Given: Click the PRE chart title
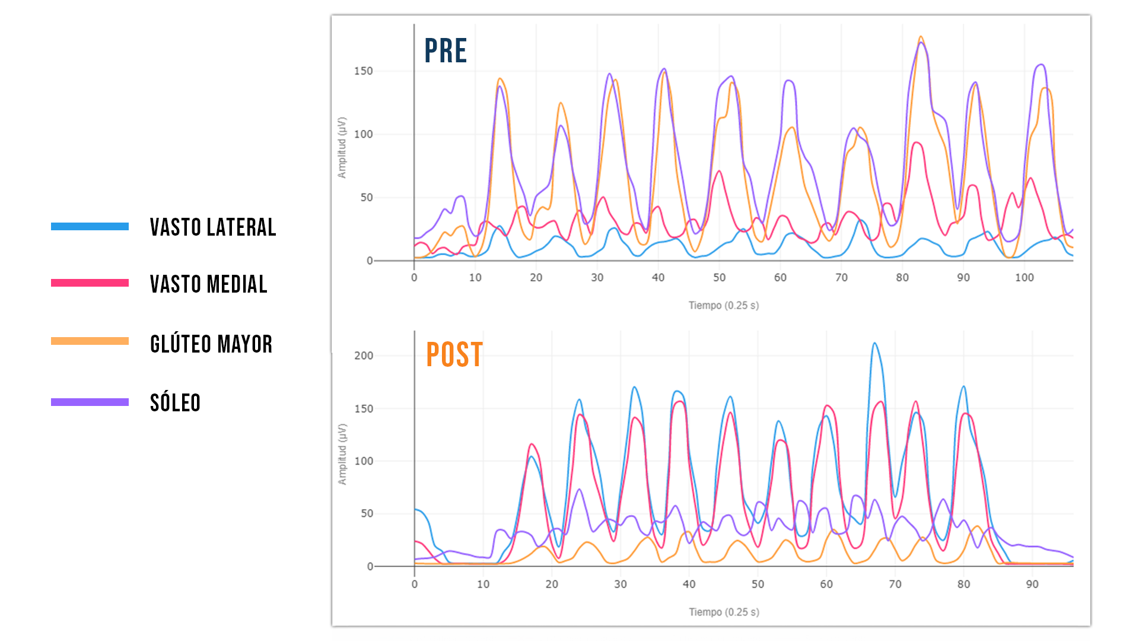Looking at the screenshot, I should point(446,51).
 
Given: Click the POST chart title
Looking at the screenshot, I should point(454,355).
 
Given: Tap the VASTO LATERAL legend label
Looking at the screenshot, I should point(213,227).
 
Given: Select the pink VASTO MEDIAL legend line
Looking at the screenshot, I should point(90,283).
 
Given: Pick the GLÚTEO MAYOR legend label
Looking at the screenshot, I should point(211,344).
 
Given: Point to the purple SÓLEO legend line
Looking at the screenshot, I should point(90,402).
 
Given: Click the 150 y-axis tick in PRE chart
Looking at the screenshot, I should point(363,71).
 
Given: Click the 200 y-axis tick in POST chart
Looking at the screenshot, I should point(363,356).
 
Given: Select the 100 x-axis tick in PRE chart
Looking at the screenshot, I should point(1024,278).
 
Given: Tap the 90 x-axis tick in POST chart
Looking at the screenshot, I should point(1032,585).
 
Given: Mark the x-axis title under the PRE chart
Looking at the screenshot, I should point(723,306).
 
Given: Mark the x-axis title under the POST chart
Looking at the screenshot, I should point(724,612).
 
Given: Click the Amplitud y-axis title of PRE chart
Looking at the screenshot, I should point(342,148).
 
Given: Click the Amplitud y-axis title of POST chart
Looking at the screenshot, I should point(342,454).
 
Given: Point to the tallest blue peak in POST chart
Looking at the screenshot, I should point(874,344).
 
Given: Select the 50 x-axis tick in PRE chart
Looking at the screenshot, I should point(719,278).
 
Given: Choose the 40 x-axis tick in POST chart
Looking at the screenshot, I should point(689,585).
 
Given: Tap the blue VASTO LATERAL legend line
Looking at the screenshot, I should point(90,227).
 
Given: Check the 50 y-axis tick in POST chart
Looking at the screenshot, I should point(367,513).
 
